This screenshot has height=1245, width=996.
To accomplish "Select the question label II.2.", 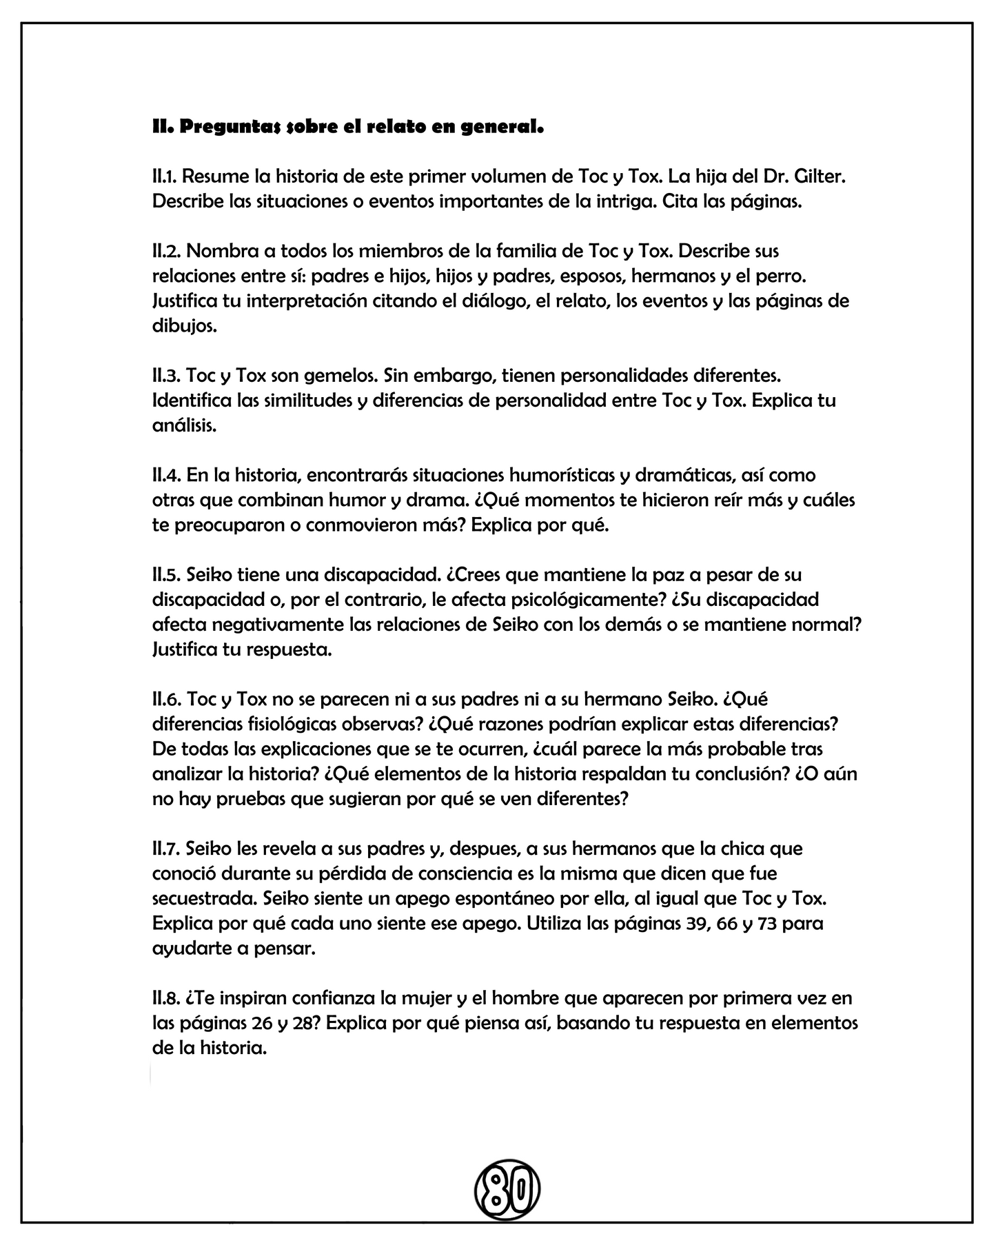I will (x=165, y=251).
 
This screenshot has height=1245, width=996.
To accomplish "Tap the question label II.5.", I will (x=165, y=574).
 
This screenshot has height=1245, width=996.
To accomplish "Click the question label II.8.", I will (x=165, y=998).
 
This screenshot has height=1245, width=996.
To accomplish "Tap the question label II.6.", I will (x=165, y=699).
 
